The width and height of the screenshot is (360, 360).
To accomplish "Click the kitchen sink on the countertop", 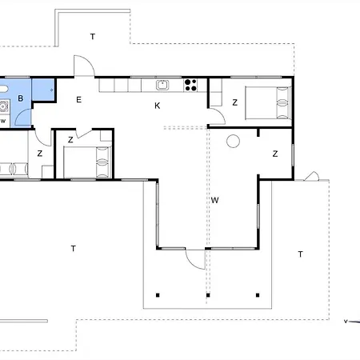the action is [162, 85].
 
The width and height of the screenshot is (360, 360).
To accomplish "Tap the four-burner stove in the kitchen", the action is [190, 85].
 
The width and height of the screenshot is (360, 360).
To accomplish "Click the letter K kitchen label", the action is [158, 106].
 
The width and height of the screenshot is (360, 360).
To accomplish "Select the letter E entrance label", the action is [78, 100].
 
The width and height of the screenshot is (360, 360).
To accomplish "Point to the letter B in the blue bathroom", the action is [21, 98].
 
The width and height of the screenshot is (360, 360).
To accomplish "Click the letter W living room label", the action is [214, 200].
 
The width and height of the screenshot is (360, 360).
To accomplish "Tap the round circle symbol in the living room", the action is [233, 141].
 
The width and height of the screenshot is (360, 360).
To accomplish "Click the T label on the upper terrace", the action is [93, 37].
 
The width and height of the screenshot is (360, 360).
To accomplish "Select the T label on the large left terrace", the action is [74, 249].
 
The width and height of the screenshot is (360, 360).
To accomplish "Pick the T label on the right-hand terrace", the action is [301, 254].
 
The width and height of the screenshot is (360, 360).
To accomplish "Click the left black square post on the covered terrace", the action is [158, 295].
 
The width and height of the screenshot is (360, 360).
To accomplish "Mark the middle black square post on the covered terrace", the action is [208, 295].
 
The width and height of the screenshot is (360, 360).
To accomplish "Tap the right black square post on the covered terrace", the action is [258, 295].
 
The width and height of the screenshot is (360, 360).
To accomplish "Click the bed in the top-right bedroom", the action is [268, 103].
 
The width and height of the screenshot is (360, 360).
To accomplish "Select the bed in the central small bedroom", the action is [87, 162].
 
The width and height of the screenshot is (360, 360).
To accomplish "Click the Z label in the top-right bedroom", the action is [235, 102].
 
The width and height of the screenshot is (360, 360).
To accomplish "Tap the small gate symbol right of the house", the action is [311, 176].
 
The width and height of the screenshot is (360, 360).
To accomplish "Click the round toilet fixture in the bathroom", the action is [4, 106].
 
